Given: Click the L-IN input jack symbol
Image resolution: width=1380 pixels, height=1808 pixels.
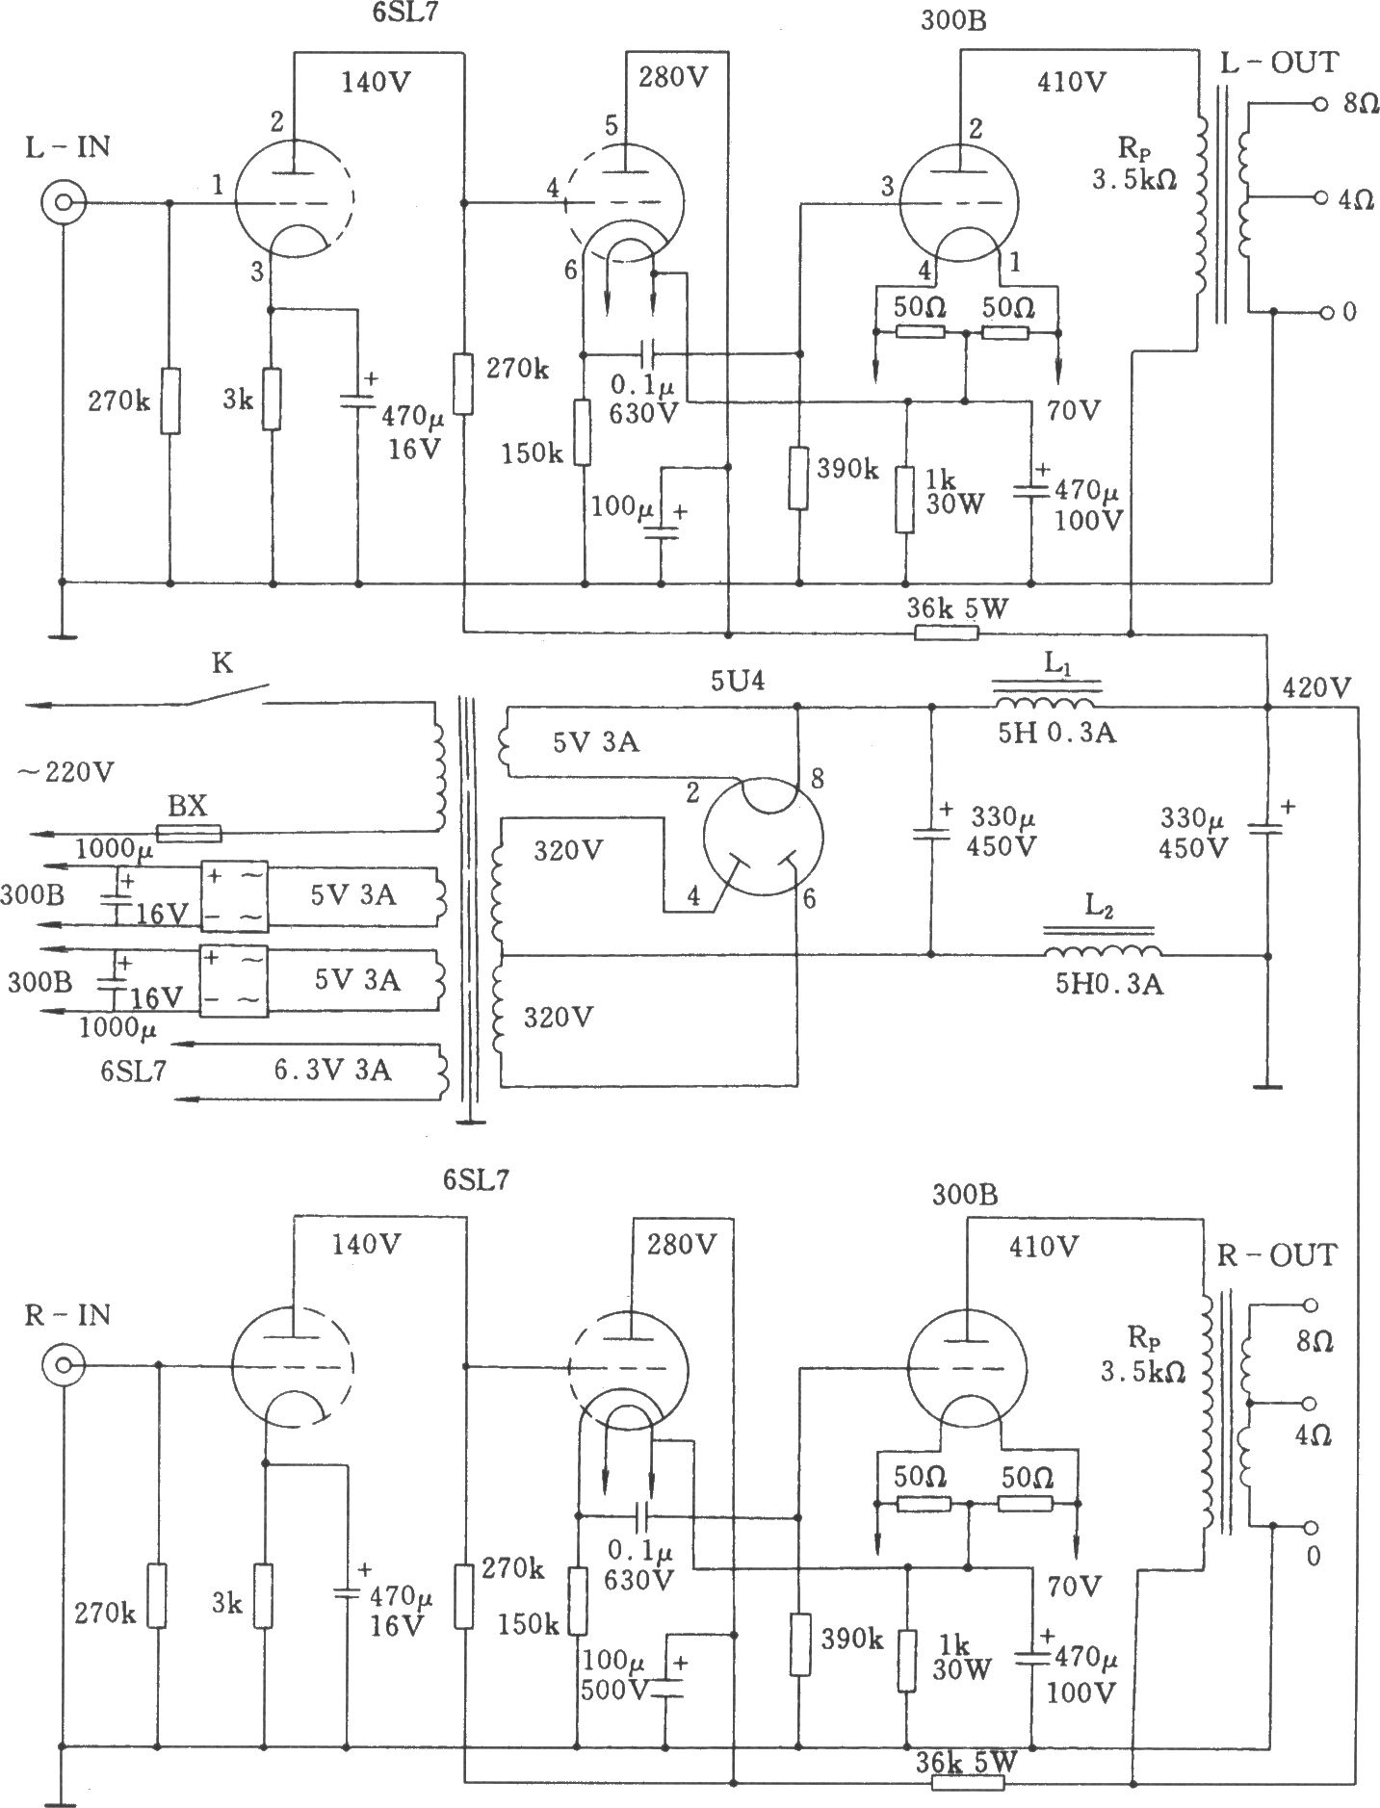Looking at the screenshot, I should (65, 203).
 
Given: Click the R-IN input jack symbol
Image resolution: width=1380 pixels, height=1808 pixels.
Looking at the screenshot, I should (65, 1365).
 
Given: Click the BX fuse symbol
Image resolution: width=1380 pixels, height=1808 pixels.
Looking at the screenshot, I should (189, 834).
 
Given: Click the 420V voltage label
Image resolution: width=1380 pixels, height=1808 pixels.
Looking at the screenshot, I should (1316, 688).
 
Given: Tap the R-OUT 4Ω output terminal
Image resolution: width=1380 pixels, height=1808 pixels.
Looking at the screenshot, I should (1309, 1404).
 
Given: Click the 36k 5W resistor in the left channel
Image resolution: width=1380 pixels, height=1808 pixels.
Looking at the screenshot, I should (946, 633).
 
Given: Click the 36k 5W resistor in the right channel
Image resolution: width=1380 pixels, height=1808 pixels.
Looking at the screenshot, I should (968, 1781).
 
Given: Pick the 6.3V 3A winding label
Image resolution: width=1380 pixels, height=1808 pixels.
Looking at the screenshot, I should (332, 1070).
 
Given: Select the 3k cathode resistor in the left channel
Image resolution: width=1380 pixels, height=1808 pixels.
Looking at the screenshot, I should (273, 399).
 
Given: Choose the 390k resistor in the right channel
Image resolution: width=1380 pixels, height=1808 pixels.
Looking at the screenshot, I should (798, 1643).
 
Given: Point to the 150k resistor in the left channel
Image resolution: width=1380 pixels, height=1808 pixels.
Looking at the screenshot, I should (584, 433).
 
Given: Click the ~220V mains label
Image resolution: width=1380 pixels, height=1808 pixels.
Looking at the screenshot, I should (65, 772).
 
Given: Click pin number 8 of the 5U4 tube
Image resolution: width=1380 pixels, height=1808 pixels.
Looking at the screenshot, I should (816, 779).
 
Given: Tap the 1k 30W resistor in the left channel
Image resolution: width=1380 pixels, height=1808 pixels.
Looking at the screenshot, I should (904, 500).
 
